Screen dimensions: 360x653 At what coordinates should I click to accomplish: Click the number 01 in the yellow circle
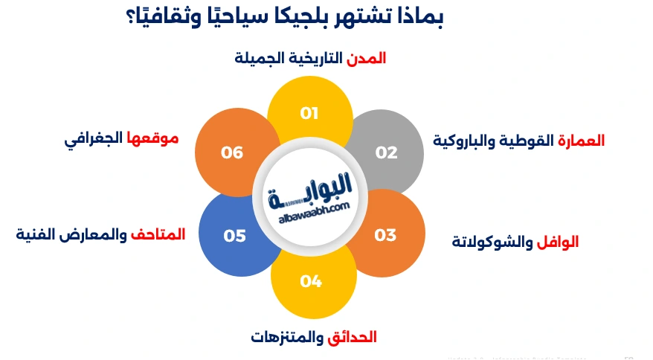pyautogui.click(x=309, y=113)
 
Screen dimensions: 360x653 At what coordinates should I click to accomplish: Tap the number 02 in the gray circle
pyautogui.click(x=386, y=152)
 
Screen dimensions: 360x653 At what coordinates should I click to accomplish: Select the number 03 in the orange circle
pyautogui.click(x=385, y=236)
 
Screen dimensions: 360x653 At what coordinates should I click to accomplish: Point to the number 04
pyautogui.click(x=311, y=281)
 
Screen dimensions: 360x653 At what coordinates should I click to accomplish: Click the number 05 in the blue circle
pyautogui.click(x=234, y=236)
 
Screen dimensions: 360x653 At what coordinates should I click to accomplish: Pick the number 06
pyautogui.click(x=232, y=152)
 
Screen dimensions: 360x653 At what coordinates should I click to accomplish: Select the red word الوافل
pyautogui.click(x=558, y=242)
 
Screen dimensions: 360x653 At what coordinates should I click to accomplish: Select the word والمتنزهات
pyautogui.click(x=287, y=337)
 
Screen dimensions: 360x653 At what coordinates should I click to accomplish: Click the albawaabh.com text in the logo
pyautogui.click(x=309, y=213)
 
